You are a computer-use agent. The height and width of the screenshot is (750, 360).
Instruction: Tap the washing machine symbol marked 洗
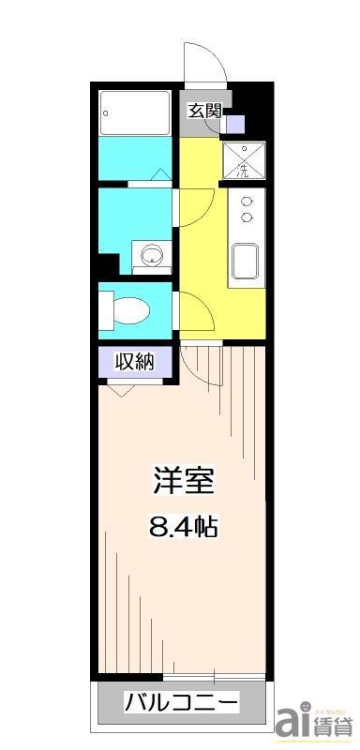click(244, 160)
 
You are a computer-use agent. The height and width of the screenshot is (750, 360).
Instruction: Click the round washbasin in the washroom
click(147, 254)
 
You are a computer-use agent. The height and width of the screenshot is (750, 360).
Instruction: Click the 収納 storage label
click(134, 361)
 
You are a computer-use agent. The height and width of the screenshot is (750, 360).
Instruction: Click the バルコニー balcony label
click(182, 702)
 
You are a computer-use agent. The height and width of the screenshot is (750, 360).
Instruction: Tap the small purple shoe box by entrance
click(233, 122)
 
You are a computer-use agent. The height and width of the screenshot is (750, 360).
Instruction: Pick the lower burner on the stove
click(247, 217)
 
